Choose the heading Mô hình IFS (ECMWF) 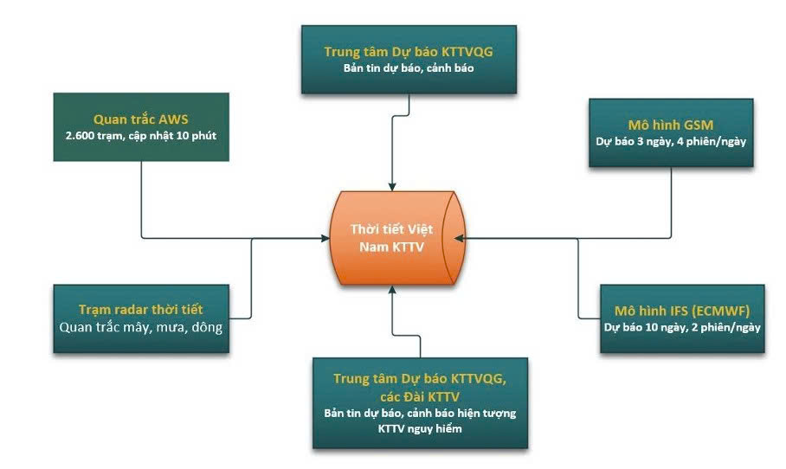682,308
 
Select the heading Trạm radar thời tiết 141,309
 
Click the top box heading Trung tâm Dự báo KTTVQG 409,51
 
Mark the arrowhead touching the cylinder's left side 330,238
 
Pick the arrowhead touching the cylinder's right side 459,238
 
